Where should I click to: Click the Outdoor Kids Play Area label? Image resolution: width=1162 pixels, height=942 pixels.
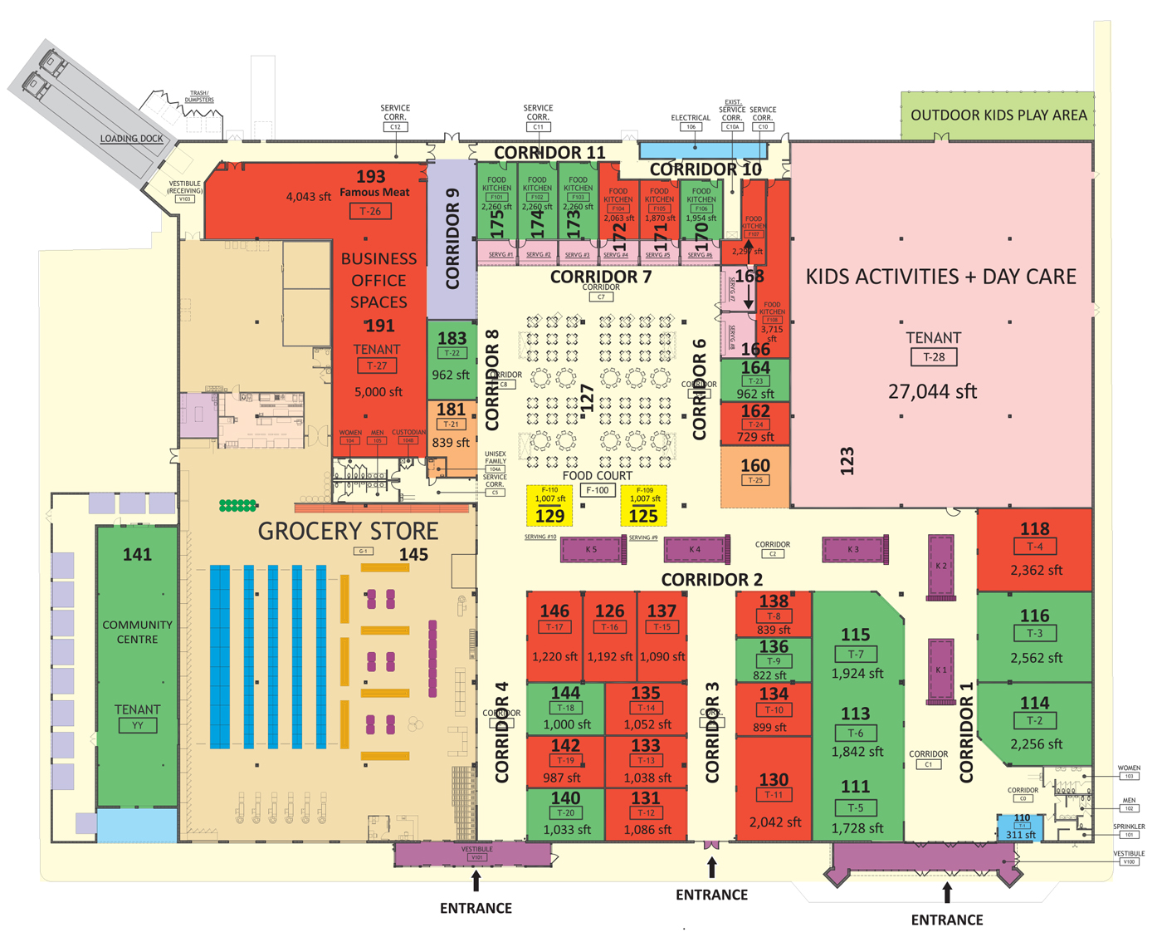pos(998,115)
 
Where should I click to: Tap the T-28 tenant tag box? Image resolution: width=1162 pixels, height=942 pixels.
pos(934,357)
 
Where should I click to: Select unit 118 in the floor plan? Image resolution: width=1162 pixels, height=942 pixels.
pos(1034,549)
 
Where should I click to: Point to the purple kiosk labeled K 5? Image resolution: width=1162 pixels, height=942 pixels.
pos(593,549)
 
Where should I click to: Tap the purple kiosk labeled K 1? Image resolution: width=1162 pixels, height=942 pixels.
pos(940,670)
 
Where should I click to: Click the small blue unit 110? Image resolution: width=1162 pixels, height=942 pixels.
pos(1020,827)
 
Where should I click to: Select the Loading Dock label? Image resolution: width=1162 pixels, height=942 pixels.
pos(131,139)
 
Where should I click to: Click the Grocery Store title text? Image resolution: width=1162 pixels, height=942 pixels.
pos(348,531)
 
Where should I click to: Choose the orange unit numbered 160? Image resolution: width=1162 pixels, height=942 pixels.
pos(754,476)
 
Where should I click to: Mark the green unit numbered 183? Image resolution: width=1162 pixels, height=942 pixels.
pos(452,357)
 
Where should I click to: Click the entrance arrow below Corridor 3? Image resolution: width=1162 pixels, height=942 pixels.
pos(711,867)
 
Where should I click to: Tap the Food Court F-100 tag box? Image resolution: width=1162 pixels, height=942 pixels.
pos(598,490)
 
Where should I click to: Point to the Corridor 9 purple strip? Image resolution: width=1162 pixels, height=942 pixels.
pos(452,239)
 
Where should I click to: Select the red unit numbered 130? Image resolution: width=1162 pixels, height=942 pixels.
pos(774,797)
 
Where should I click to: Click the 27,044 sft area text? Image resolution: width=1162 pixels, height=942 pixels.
pos(932,391)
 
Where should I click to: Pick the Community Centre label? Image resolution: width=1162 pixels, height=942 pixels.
pos(137,631)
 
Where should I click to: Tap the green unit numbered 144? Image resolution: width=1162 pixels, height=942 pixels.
pos(565,707)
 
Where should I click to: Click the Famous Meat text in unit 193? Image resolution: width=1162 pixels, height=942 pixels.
pos(374,192)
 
